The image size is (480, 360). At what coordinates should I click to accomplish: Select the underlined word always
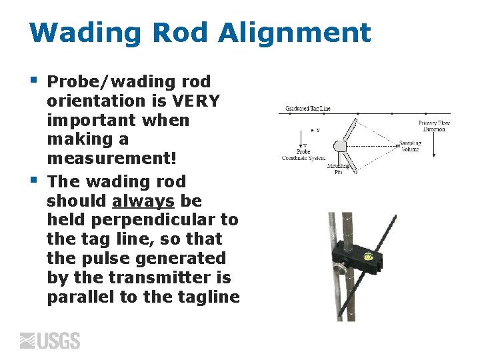point(143,201)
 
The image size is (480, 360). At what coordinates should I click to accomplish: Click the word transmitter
point(144,277)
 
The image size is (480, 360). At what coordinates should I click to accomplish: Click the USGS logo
point(50,341)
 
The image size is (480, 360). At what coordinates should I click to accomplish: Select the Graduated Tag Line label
point(307,108)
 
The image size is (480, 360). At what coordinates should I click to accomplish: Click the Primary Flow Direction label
point(434,126)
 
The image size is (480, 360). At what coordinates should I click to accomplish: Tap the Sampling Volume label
point(410,146)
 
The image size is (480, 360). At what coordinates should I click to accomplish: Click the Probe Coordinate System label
point(303,155)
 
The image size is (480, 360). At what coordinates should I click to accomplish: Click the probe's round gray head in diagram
point(340,145)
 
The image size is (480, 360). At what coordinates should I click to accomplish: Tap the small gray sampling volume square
point(393,145)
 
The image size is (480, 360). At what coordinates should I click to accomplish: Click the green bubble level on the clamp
point(367,255)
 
